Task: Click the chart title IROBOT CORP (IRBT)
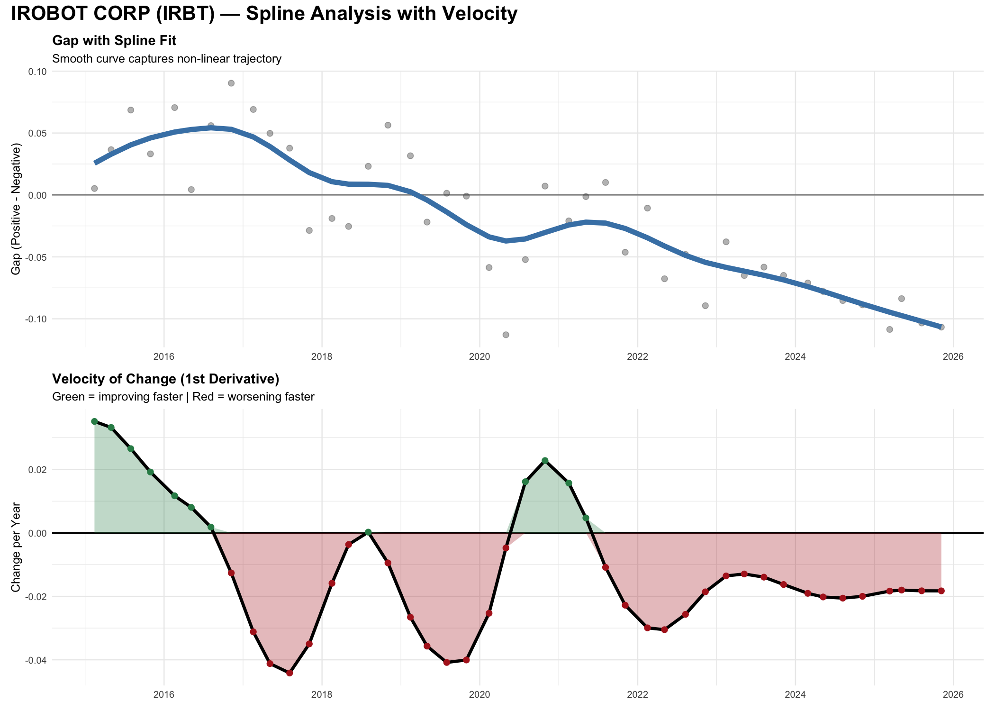[x=263, y=14]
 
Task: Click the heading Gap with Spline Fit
[x=114, y=41]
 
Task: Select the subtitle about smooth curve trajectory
[x=167, y=59]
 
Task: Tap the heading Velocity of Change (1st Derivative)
[x=165, y=379]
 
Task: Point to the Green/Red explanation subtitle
[x=183, y=397]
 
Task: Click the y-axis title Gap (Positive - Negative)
[x=16, y=210]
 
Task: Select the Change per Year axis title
[x=16, y=547]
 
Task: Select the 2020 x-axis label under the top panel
[x=479, y=357]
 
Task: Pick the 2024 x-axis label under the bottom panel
[x=795, y=695]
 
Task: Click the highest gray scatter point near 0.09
[x=231, y=83]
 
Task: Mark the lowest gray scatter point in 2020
[x=506, y=335]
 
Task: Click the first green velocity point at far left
[x=94, y=421]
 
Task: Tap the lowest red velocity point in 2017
[x=289, y=673]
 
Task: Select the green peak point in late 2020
[x=545, y=461]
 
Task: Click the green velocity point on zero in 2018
[x=368, y=532]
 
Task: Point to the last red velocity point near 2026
[x=941, y=591]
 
